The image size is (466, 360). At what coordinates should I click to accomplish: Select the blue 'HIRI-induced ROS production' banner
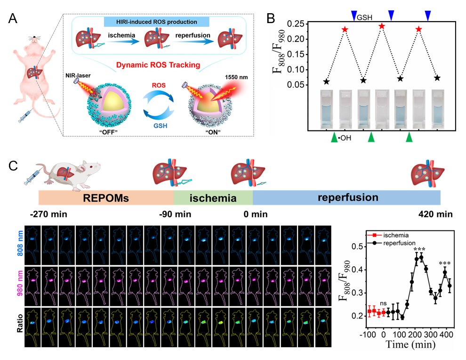pos(151,22)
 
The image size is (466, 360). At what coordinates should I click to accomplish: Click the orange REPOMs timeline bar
pos(106,197)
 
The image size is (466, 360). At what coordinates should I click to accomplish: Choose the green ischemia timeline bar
pos(213,197)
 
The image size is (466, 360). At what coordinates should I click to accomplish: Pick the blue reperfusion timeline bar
pos(346,197)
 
